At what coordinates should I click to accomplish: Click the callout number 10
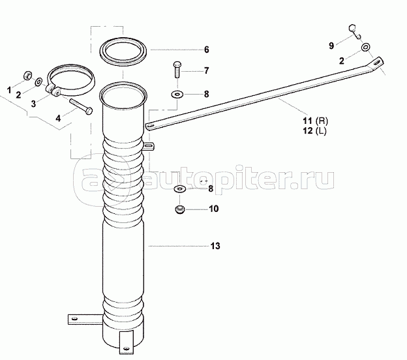(213, 209)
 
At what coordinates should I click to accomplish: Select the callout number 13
(215, 247)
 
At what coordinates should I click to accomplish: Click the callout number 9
(331, 45)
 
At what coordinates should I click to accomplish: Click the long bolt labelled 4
(78, 106)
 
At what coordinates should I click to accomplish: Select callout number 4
(57, 118)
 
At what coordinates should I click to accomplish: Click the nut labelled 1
(28, 73)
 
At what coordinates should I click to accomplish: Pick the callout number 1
(9, 88)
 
